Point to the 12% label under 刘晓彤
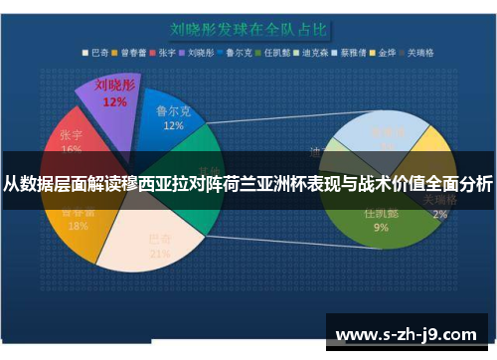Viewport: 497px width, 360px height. pyautogui.click(x=114, y=101)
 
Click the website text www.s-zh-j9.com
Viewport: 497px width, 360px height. pyautogui.click(x=408, y=325)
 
